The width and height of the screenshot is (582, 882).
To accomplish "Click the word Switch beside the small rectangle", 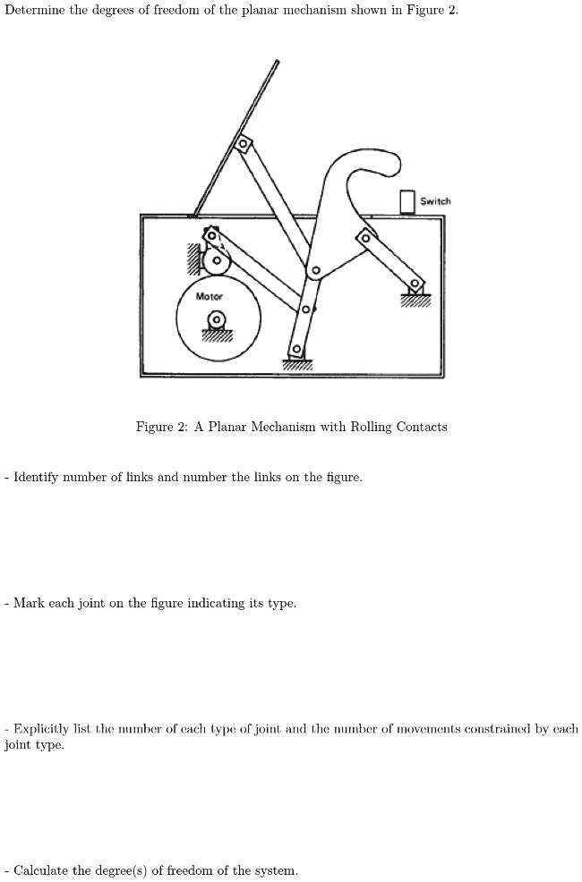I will [x=435, y=201].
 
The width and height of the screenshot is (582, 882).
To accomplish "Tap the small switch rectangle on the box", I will [x=407, y=201].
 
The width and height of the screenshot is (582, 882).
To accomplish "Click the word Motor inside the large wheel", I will [x=209, y=296].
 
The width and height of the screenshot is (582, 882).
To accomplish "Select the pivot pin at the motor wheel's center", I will [x=216, y=319].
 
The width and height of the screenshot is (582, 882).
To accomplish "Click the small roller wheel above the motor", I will [x=216, y=262].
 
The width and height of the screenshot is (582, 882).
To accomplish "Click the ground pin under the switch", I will [x=415, y=286].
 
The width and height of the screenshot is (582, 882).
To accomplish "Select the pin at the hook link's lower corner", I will [x=315, y=270].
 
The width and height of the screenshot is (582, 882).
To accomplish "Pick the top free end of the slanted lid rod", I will [x=277, y=62].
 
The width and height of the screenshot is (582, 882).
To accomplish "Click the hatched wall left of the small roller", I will [x=193, y=259].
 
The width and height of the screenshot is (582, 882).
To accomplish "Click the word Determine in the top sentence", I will [x=33, y=10].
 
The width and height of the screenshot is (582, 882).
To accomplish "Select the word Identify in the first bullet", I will [x=39, y=477].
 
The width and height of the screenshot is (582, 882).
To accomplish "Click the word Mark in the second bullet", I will [x=28, y=603].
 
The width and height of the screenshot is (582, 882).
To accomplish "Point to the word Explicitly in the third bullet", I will [x=43, y=729].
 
